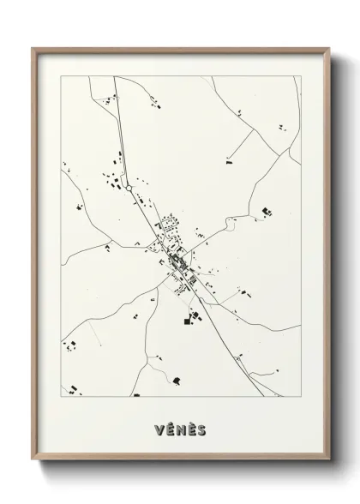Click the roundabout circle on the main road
pos(129,186)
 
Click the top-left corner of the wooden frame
pos(33,47)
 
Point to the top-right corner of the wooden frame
pos(329,47)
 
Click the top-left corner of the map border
pos(60,76)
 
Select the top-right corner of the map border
pos(302,76)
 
